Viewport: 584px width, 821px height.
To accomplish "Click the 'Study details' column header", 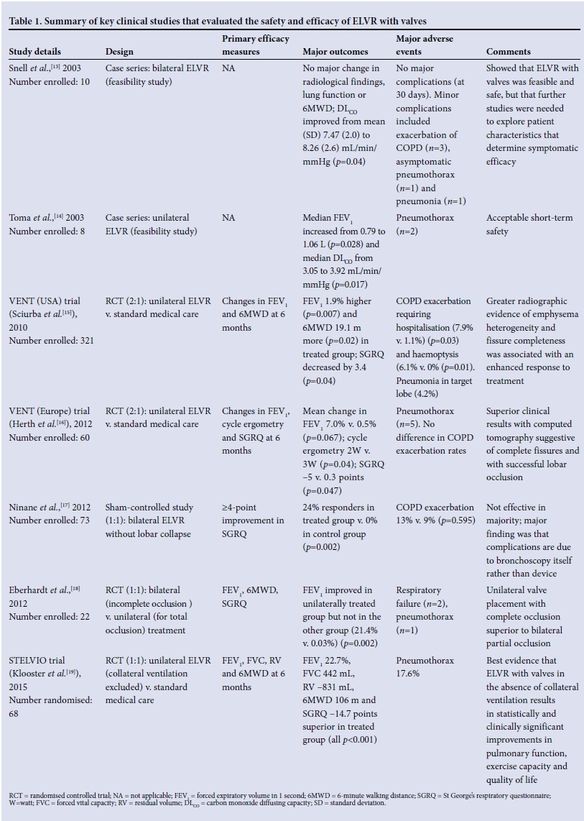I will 34,52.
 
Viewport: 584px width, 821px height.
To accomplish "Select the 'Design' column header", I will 119,52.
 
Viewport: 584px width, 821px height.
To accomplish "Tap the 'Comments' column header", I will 509,52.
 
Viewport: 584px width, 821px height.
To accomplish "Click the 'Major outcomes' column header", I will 335,52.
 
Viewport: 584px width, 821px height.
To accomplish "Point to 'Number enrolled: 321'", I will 51,341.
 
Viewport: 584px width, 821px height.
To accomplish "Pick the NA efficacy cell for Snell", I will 228,69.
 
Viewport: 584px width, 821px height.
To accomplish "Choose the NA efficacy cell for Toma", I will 228,219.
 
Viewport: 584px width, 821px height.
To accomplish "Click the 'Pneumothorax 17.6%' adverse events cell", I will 425,667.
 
